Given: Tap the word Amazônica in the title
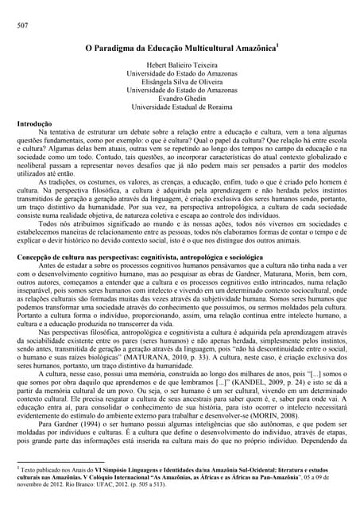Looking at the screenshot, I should pos(249,49).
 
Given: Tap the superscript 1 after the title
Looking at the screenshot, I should pos(277,45).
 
